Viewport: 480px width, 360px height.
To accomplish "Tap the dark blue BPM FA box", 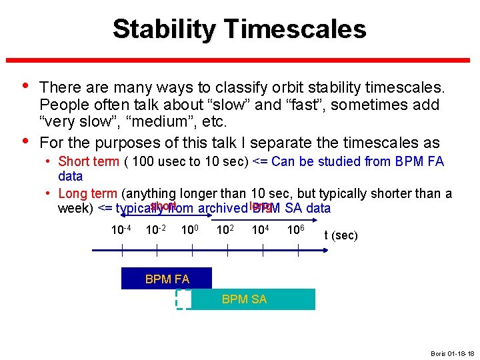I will tap(166, 279).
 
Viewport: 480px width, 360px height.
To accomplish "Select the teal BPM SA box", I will tap(253, 299).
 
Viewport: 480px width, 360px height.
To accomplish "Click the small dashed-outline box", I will tap(183, 299).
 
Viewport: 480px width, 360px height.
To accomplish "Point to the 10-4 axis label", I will tap(121, 231).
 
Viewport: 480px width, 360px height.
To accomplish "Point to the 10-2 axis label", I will tap(157, 231).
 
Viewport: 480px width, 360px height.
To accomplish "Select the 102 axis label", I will tap(227, 231).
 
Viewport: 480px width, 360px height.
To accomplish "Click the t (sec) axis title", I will tap(341, 235).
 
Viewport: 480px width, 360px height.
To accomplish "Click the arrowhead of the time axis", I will tap(325, 250).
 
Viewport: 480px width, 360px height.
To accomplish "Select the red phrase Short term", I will tap(87, 161).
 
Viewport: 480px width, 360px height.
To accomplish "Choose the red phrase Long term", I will tap(87, 194).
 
